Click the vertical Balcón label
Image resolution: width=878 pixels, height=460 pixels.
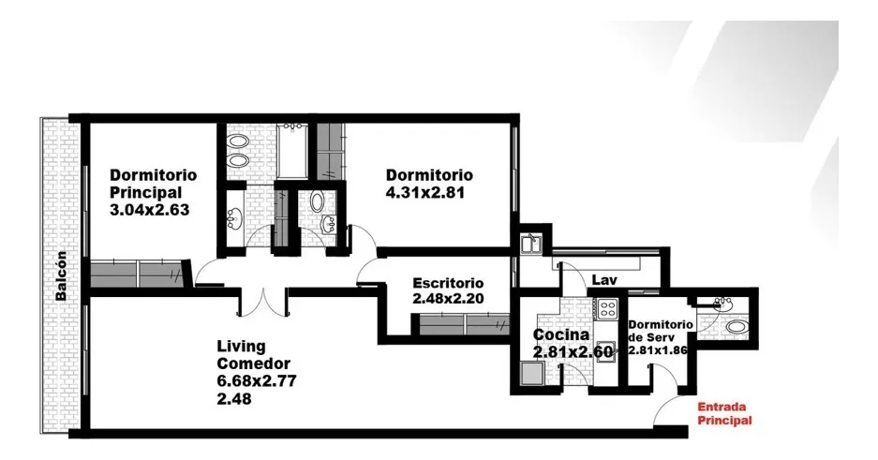tap(61, 275)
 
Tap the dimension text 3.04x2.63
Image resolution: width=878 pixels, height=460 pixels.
tap(150, 210)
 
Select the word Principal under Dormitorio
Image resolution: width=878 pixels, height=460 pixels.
tap(145, 192)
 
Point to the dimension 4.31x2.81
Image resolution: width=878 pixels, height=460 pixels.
tap(425, 192)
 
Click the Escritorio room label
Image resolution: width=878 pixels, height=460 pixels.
tap(448, 283)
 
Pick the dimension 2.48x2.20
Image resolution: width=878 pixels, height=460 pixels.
tap(448, 299)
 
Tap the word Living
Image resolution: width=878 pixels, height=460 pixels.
tap(242, 347)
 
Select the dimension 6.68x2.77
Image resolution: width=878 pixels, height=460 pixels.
tap(257, 381)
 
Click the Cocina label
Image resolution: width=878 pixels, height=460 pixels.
tap(560, 334)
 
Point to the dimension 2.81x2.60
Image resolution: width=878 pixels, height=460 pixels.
tap(573, 352)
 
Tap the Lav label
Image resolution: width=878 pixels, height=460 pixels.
tap(604, 280)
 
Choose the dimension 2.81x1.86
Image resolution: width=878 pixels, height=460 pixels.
tap(658, 350)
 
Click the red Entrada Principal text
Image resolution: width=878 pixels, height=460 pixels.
tap(724, 413)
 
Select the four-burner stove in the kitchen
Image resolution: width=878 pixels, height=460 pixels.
tap(607, 307)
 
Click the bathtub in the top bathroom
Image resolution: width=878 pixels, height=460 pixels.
tap(291, 151)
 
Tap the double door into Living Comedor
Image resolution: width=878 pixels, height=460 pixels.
tap(263, 304)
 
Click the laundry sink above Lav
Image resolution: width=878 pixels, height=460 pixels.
tap(530, 245)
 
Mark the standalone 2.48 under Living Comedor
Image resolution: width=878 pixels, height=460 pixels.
tap(234, 399)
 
